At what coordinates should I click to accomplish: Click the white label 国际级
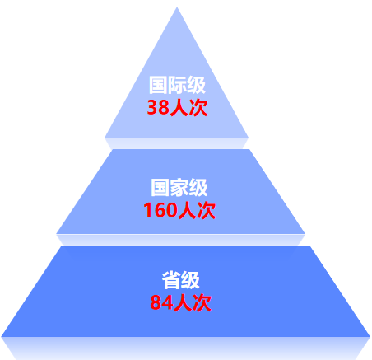point(177,85)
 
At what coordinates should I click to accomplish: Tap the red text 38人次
point(177,107)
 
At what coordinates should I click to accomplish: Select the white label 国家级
point(179,188)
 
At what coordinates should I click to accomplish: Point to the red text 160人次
point(179,210)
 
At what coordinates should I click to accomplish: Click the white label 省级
point(181,280)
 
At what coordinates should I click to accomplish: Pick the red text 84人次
point(181,302)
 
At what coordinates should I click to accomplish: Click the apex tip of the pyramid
point(177,7)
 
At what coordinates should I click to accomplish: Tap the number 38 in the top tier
point(158,107)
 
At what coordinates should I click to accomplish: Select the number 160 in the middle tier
point(160,210)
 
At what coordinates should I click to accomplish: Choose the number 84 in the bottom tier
point(161,302)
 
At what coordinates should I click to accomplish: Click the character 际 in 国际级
point(177,85)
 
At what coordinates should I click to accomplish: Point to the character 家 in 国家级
point(179,188)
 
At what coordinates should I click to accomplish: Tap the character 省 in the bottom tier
point(171,280)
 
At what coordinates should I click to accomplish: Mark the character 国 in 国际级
point(158,85)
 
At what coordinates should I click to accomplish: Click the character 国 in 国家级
point(160,188)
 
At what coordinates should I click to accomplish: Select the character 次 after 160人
point(207,210)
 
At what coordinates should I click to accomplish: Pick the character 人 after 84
point(183,303)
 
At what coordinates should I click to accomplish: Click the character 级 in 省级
point(190,280)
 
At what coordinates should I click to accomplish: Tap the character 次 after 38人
point(198,108)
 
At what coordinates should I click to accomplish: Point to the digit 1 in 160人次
point(147,210)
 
